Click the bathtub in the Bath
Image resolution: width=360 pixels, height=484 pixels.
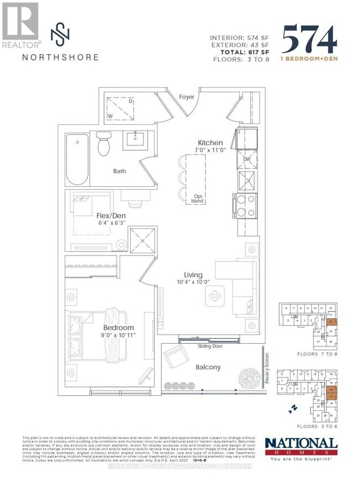(x=77, y=160)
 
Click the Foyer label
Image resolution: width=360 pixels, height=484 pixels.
(x=187, y=97)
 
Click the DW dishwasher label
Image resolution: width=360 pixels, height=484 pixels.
(x=248, y=160)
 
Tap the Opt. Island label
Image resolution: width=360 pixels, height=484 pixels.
(x=197, y=199)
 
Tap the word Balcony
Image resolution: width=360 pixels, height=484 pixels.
(x=208, y=367)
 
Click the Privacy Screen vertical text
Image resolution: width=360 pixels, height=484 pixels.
(x=266, y=369)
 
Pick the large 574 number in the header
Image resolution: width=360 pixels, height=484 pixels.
(x=308, y=40)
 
